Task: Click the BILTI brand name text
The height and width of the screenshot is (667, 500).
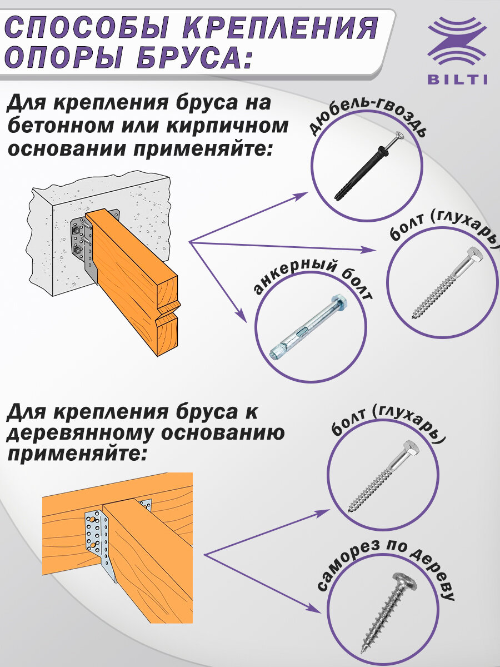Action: click(458, 79)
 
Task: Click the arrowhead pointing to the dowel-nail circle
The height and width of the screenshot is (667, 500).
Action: click(303, 195)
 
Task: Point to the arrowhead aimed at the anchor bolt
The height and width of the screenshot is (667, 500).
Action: click(242, 317)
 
